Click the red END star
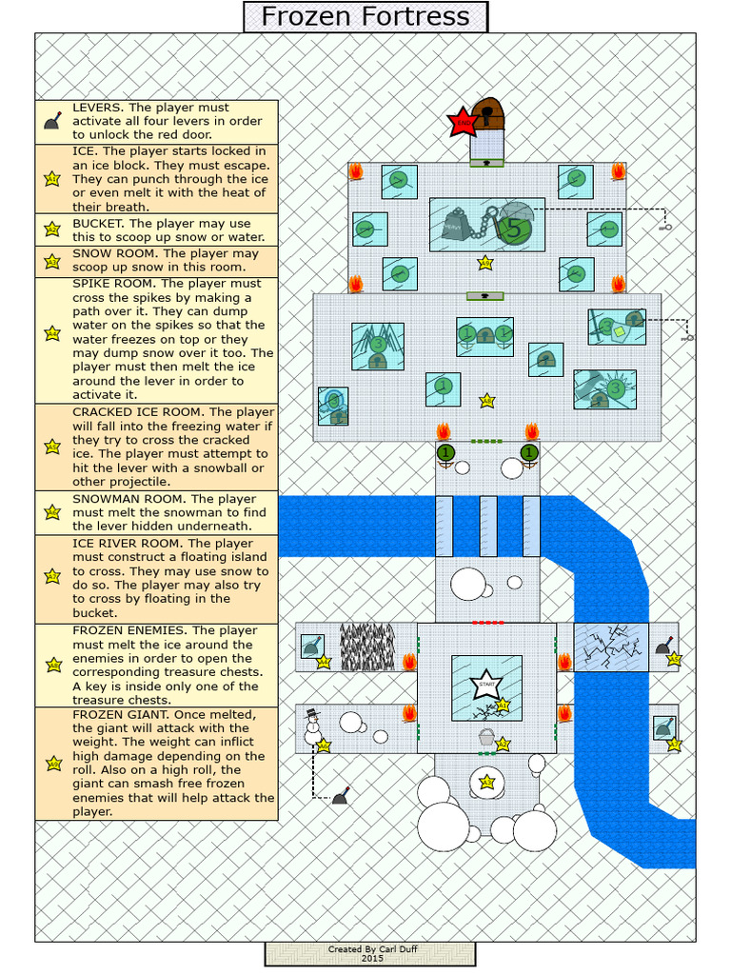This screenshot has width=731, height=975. [x=464, y=122]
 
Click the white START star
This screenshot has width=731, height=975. [x=486, y=684]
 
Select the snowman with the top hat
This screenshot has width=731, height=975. [x=312, y=726]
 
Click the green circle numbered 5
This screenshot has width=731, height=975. [x=515, y=229]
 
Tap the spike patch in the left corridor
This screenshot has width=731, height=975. [x=366, y=647]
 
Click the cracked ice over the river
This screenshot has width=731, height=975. [x=611, y=647]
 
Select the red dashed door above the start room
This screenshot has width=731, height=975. [x=487, y=622]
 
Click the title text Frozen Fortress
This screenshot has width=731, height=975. [x=365, y=16]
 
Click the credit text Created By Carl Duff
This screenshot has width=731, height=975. [x=370, y=949]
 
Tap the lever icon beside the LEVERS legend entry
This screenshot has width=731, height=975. [x=52, y=121]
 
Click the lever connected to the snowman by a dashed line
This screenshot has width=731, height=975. [x=340, y=796]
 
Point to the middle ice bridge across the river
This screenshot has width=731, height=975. [x=488, y=526]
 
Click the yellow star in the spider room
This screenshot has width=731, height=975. [x=486, y=401]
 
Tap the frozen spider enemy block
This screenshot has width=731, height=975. [x=378, y=346]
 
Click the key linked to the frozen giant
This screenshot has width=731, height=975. [x=666, y=226]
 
